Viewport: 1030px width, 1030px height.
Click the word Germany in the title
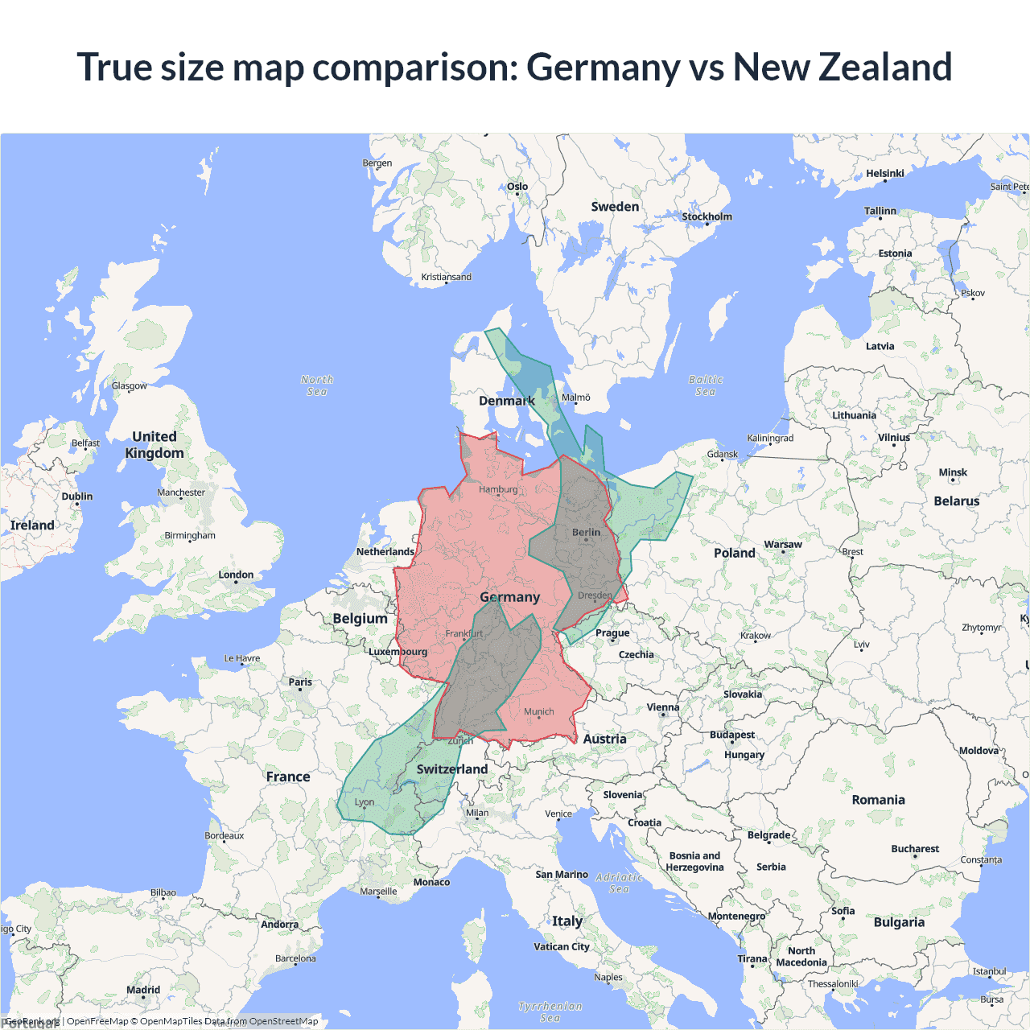pos(603,67)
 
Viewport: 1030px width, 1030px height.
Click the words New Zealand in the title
pos(842,67)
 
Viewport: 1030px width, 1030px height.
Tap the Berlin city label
pos(586,533)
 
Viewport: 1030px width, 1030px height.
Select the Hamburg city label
pos(498,489)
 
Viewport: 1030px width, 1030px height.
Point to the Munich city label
pos(538,711)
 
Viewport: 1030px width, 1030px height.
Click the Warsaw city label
pos(783,545)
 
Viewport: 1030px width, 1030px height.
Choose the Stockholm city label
pos(707,216)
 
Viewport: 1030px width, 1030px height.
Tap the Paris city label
pos(300,682)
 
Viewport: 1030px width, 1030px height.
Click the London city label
pos(236,575)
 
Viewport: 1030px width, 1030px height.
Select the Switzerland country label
pos(452,769)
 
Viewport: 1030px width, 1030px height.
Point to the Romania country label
pos(878,800)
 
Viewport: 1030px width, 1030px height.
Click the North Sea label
pos(317,385)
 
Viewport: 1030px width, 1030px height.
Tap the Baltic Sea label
pos(706,385)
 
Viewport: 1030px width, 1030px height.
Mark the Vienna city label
pos(663,707)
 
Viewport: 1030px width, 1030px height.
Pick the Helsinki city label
pos(884,173)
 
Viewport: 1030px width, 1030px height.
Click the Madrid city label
pos(143,990)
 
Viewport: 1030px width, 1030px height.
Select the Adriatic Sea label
pos(619,883)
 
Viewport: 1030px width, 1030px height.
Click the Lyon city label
pos(365,802)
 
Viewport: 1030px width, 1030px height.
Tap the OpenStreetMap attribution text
pos(283,1021)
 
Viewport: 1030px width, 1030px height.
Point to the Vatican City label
pos(562,946)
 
